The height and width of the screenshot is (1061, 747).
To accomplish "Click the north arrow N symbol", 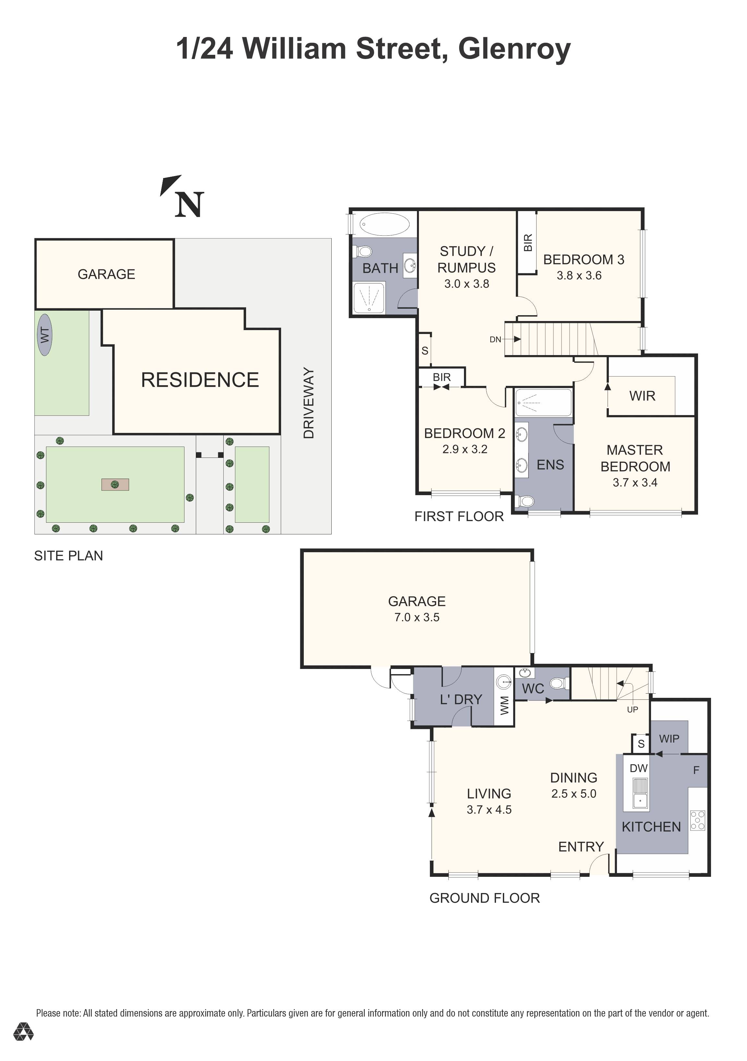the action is click(189, 204).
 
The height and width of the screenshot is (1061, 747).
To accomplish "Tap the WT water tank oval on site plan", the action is click(45, 335).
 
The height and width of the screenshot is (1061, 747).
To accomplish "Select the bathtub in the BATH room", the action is click(384, 225).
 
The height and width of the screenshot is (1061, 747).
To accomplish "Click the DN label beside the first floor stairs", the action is click(495, 340).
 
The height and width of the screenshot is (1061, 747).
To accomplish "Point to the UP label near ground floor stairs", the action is click(633, 709).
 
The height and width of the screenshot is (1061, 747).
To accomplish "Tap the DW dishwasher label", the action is click(639, 768).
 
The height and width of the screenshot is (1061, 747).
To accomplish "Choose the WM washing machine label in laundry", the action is click(504, 706).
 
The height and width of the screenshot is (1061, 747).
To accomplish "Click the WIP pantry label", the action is click(670, 739).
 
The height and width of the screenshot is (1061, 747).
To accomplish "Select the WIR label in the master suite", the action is click(642, 396).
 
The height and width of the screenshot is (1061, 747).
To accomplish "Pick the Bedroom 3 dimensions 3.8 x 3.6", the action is click(579, 276).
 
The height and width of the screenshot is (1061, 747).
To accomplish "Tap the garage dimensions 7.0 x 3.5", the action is click(417, 617).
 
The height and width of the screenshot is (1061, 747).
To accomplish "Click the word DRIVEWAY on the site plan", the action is click(309, 403).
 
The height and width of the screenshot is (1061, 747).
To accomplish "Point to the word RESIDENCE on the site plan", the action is click(200, 380).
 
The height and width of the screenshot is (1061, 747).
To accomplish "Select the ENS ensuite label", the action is click(550, 465).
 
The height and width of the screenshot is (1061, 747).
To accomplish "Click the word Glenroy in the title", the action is click(515, 49).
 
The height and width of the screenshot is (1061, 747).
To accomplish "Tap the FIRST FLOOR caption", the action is click(459, 517).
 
